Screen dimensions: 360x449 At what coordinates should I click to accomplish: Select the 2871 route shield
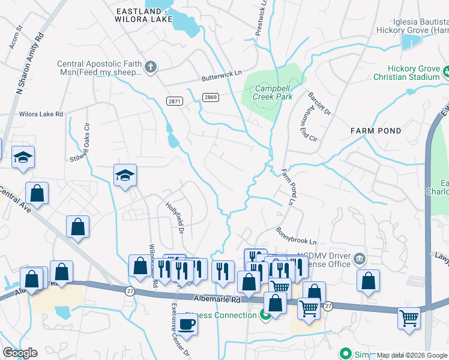pyautogui.click(x=174, y=102)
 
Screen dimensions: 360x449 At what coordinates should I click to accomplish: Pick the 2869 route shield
pyautogui.click(x=210, y=97)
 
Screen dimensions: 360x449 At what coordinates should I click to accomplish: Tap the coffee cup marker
pyautogui.click(x=187, y=325)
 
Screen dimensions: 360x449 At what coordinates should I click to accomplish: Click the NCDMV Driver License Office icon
pyautogui.click(x=360, y=259)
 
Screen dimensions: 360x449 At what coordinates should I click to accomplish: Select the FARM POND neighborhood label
pyautogui.click(x=376, y=130)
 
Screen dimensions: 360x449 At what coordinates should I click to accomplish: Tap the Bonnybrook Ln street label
pyautogui.click(x=295, y=236)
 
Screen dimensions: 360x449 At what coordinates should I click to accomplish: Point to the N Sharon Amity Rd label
pyautogui.click(x=31, y=63)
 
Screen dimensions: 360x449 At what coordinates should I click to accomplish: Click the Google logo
pyautogui.click(x=20, y=353)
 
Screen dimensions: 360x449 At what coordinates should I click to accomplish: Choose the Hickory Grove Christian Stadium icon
pyautogui.click(x=446, y=73)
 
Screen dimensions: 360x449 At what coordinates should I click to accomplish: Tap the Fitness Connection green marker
pyautogui.click(x=265, y=315)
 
